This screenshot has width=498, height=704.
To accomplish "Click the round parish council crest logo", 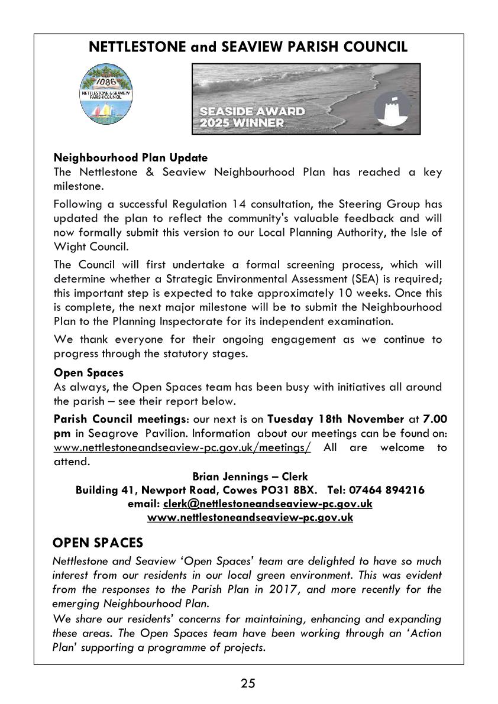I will point(108,94).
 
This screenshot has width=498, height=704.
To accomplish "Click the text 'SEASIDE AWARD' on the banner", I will point(253,111).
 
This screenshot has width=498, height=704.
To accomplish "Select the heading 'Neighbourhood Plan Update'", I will point(131,158).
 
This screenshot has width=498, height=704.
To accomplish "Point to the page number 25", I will point(248,684).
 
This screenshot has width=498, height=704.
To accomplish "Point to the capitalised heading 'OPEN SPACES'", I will point(98,542).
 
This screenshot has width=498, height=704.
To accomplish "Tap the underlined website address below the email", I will point(250,517).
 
